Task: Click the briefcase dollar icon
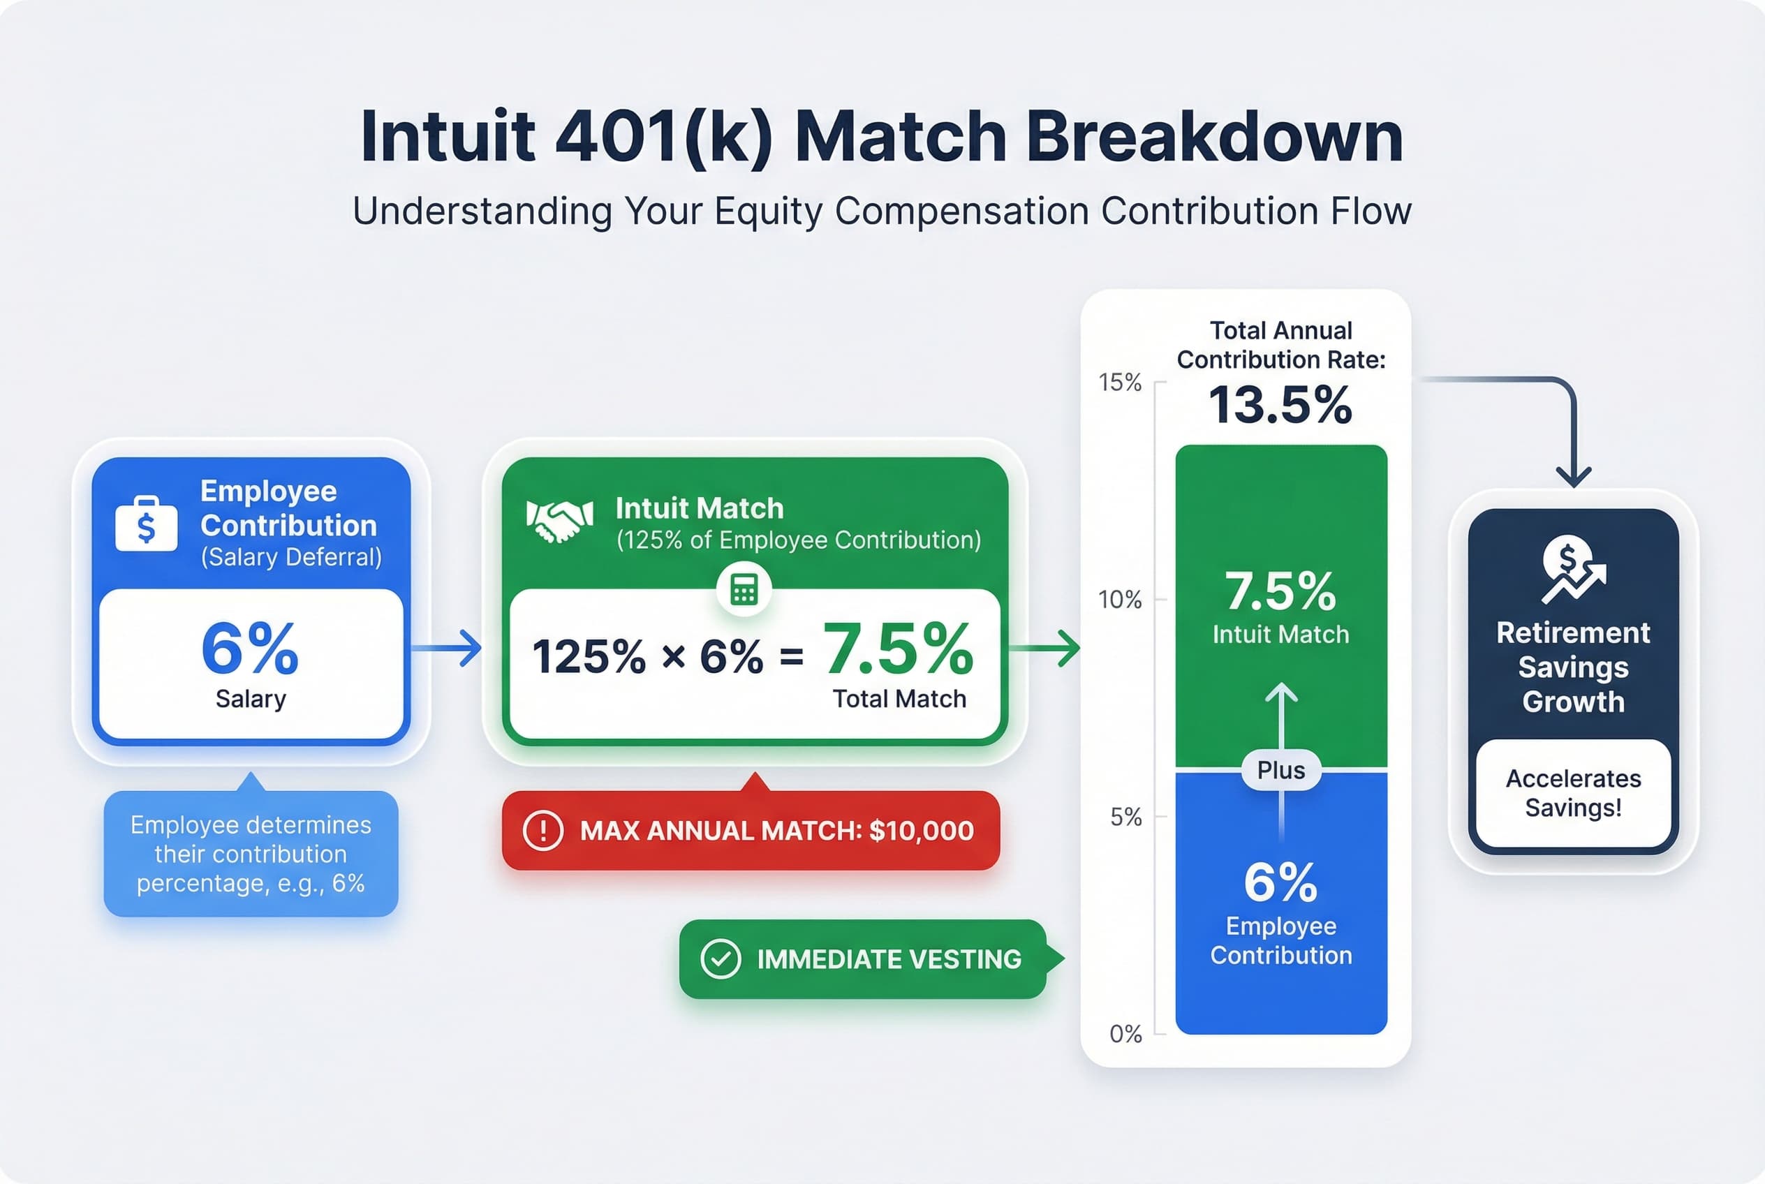click(x=147, y=524)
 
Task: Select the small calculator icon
click(x=744, y=590)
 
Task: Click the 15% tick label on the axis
click(x=1119, y=383)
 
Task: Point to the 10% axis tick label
click(x=1119, y=600)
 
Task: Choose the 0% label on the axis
click(x=1125, y=1034)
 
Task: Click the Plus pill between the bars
click(x=1281, y=770)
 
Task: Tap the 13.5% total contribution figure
click(x=1280, y=406)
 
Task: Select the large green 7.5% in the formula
click(x=898, y=649)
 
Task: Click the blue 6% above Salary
click(x=250, y=649)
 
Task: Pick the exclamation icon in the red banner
click(x=542, y=831)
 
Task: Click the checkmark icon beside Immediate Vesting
click(x=720, y=959)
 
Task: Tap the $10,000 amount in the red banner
click(x=922, y=831)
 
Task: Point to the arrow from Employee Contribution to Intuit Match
click(x=447, y=648)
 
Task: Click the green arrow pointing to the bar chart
click(x=1045, y=648)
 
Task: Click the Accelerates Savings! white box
click(x=1572, y=793)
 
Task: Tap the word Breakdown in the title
click(x=1213, y=138)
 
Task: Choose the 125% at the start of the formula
click(x=589, y=656)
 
